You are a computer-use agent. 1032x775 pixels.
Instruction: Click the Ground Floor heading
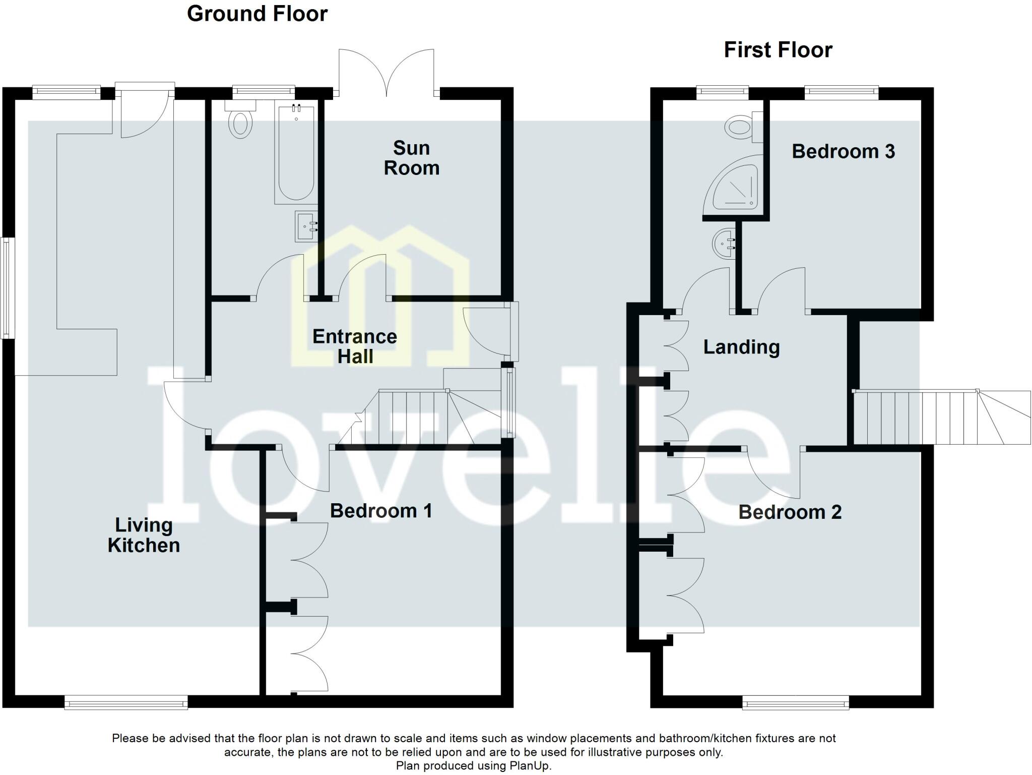point(257,14)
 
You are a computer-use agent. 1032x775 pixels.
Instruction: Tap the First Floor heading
point(778,50)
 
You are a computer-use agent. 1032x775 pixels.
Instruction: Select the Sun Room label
point(411,158)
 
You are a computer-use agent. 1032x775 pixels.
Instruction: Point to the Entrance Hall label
point(355,346)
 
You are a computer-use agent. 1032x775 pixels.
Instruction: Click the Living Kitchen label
point(144,535)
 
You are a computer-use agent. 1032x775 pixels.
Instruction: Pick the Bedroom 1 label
point(381,511)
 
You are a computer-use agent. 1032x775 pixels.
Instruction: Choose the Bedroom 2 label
point(790,512)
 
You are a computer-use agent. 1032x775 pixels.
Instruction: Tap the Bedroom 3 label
point(843,151)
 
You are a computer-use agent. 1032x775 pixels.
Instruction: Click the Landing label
point(741,347)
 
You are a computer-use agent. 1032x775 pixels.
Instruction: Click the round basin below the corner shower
point(725,244)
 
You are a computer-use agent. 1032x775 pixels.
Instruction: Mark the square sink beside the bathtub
point(306,226)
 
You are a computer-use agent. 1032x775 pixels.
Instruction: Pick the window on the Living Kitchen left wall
point(6,288)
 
